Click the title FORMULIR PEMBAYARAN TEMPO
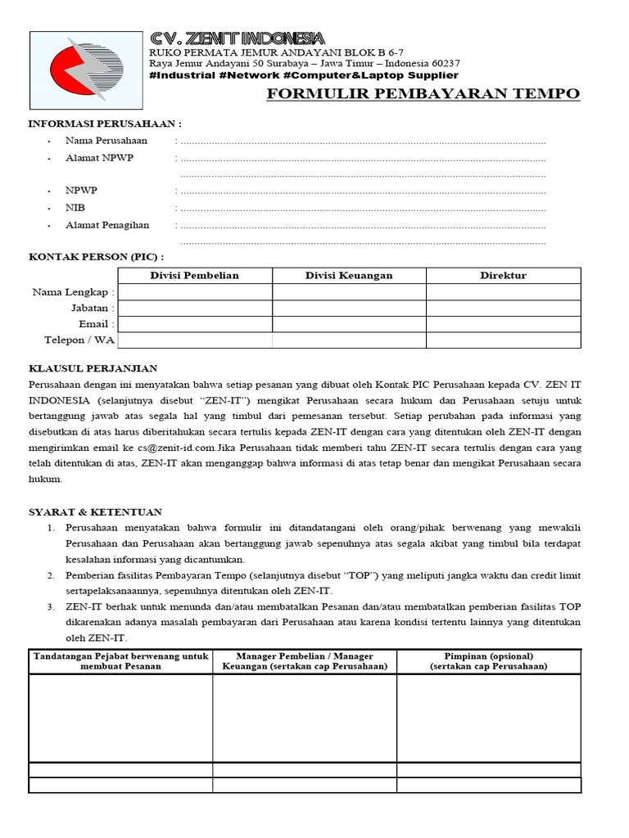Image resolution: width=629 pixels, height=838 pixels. coord(423,93)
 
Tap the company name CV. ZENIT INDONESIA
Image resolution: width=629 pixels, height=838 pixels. coord(237,38)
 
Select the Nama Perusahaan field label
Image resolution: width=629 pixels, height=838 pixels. coord(106,141)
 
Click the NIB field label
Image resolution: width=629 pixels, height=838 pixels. coord(75,208)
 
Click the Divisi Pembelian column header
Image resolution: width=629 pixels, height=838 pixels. coord(195,276)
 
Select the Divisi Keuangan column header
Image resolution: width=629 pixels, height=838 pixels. coord(349,276)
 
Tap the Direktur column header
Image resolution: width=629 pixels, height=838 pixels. coord(503,276)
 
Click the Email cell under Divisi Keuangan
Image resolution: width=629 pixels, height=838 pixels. coord(349,324)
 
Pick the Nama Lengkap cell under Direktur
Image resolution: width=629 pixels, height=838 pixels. coord(503,292)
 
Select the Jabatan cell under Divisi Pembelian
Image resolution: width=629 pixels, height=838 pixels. coord(195,309)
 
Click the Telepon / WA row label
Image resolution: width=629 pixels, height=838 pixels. coord(79,340)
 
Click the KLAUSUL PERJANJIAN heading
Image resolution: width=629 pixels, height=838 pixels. coord(93,369)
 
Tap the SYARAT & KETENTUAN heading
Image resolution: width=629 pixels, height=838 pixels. coord(96,512)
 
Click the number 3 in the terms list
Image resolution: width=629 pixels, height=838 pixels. coord(50,607)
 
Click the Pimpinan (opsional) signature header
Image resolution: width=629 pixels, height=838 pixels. coord(489,661)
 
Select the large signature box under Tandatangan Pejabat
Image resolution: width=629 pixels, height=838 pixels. coord(120,718)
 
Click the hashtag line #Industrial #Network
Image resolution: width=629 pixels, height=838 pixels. coord(304,75)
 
